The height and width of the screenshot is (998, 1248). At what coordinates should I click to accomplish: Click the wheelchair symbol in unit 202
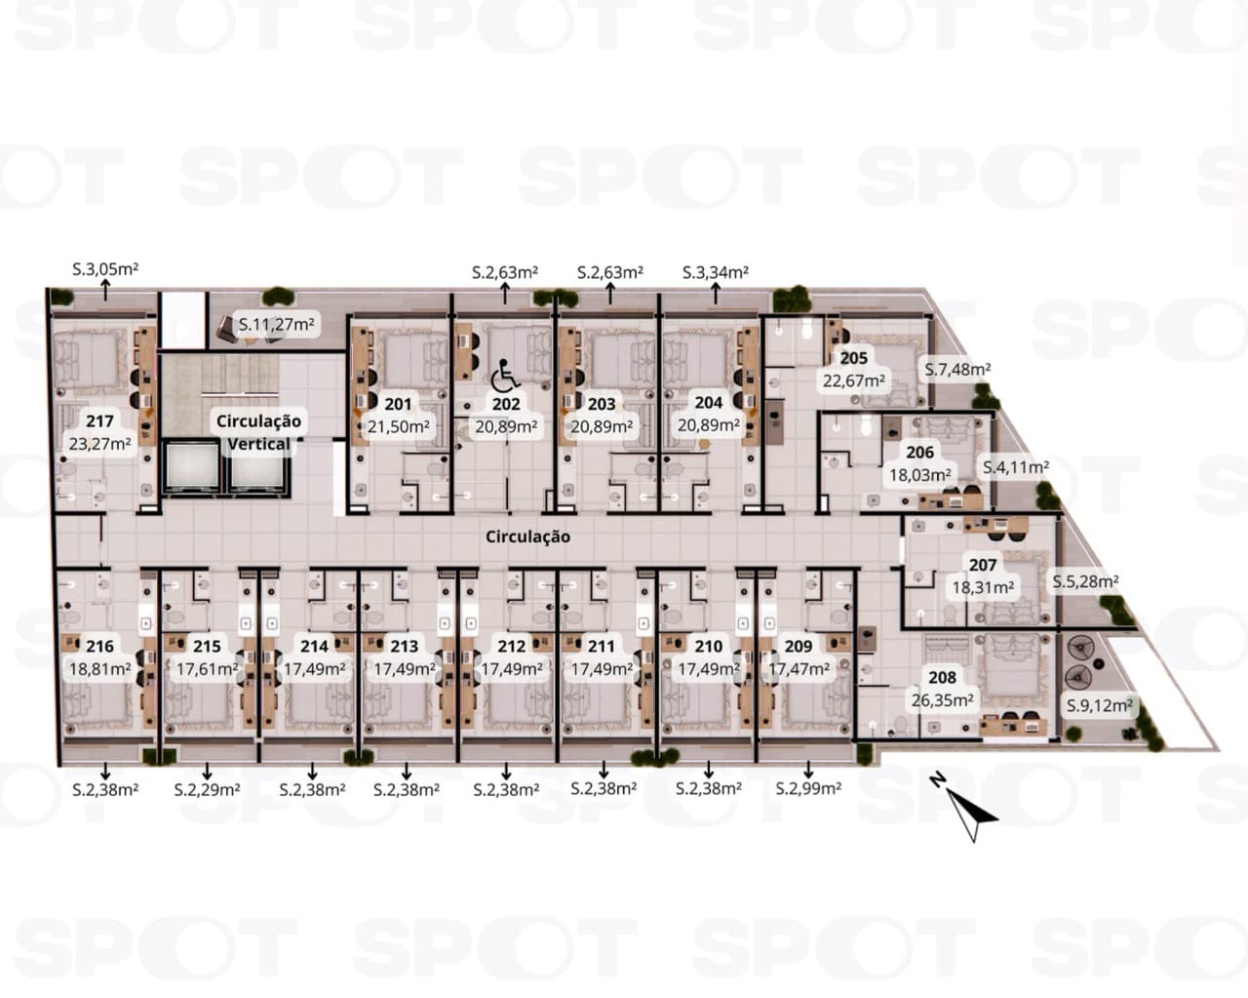[504, 375]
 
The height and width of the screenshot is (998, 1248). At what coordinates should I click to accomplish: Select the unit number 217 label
[99, 420]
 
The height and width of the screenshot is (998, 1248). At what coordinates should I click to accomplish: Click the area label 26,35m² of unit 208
[942, 700]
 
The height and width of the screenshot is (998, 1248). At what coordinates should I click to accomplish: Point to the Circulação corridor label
[527, 537]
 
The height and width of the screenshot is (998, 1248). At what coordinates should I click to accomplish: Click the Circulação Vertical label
[258, 432]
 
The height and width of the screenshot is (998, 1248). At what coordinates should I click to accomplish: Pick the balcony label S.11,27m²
[277, 324]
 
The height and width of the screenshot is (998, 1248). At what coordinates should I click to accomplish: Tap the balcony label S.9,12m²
[1100, 705]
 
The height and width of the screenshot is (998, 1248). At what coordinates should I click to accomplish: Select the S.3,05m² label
[105, 269]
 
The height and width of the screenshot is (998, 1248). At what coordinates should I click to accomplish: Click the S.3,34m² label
[715, 272]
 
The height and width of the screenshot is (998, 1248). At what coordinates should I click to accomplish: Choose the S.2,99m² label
[808, 788]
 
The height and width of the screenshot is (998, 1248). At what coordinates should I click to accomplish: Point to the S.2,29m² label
[207, 789]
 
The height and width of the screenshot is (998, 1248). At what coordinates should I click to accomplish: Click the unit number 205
[854, 358]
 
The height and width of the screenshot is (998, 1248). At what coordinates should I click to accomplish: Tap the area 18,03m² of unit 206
[919, 475]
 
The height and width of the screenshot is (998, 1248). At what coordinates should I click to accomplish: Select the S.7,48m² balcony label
[957, 369]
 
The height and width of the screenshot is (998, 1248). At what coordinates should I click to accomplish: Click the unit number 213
[405, 646]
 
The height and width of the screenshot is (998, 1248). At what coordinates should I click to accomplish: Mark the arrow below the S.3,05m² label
[105, 290]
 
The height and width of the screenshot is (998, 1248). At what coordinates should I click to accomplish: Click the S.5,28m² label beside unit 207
[1085, 580]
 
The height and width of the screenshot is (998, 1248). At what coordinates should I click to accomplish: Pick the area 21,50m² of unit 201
[399, 426]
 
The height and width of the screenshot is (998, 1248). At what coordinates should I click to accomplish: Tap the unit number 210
[709, 646]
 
